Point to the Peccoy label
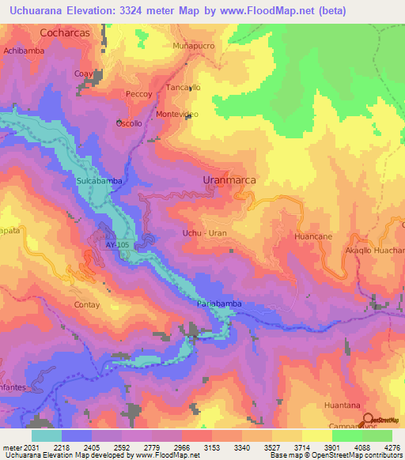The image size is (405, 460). pyautogui.click(x=138, y=94)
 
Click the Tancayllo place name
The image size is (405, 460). pyautogui.click(x=184, y=88)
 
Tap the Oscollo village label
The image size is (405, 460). pyautogui.click(x=129, y=124)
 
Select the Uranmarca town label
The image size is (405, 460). pyautogui.click(x=229, y=180)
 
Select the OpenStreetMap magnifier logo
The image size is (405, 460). pyautogui.click(x=368, y=419)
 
